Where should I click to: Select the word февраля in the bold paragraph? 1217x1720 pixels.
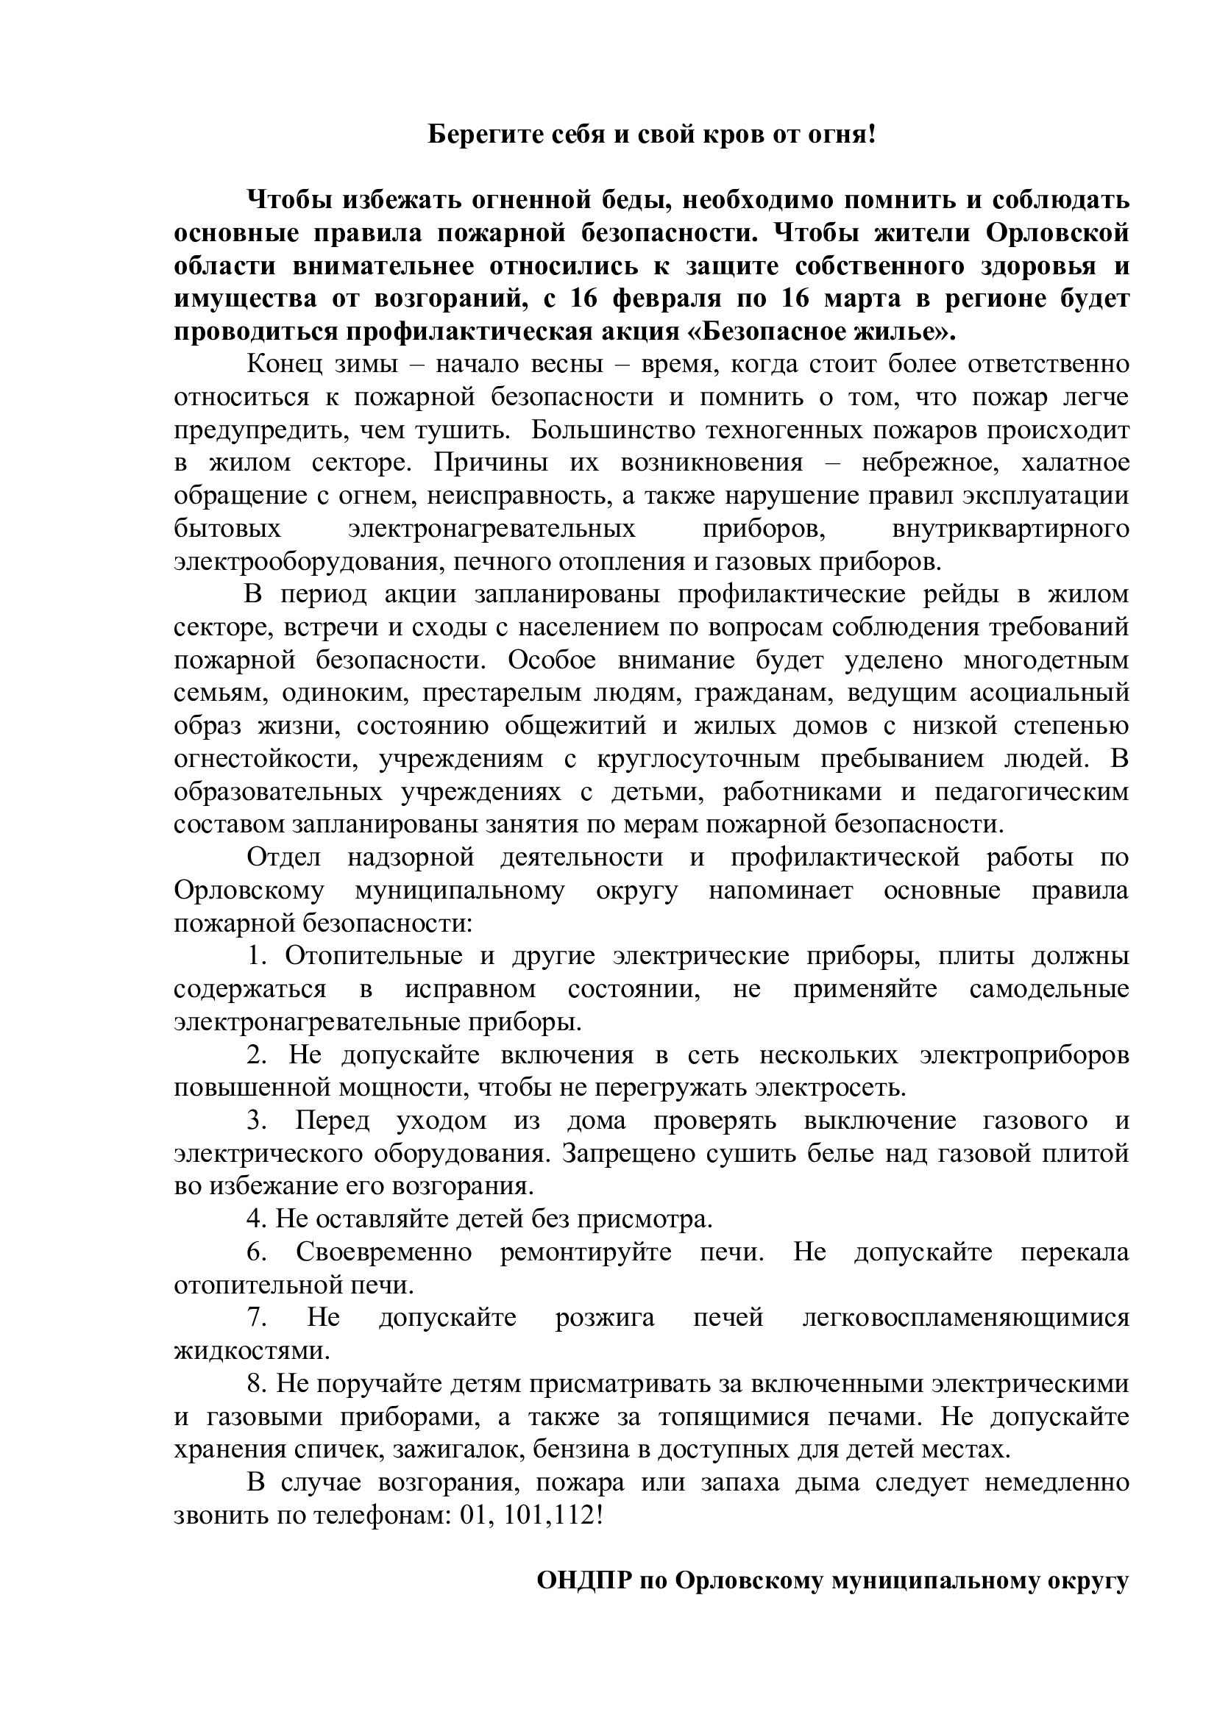point(667,299)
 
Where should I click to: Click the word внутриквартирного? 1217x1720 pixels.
point(1010,528)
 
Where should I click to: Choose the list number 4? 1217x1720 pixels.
point(255,1219)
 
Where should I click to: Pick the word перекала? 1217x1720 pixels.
point(1074,1252)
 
